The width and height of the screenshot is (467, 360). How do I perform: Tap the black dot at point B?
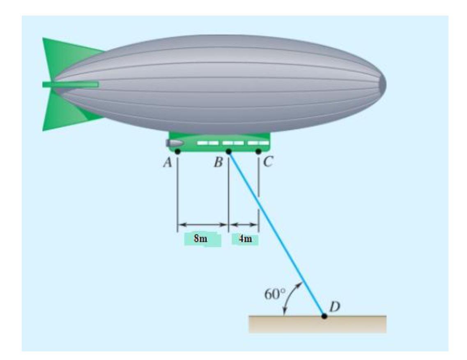click(229, 152)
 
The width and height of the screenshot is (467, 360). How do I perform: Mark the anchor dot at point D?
click(324, 316)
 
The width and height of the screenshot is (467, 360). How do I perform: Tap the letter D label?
click(335, 306)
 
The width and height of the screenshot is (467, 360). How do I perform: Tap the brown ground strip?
click(317, 324)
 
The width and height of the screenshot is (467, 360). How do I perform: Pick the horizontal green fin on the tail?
click(70, 85)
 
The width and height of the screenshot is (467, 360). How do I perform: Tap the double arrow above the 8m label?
click(202, 225)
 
